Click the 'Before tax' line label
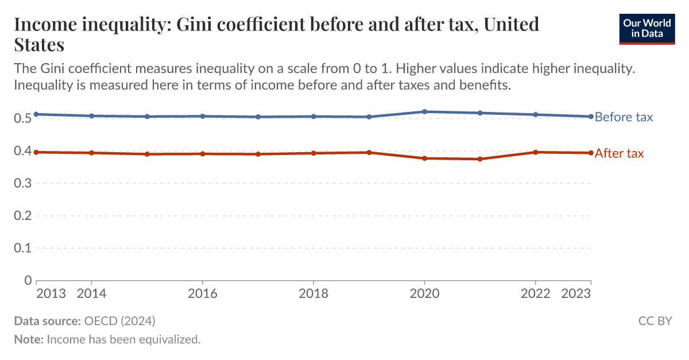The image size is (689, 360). pyautogui.click(x=624, y=117)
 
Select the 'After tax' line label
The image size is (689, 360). pyautogui.click(x=619, y=153)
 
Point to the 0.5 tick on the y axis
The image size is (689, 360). pyautogui.click(x=23, y=119)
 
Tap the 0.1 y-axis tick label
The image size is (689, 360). pyautogui.click(x=23, y=249)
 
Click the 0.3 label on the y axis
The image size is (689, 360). pyautogui.click(x=23, y=184)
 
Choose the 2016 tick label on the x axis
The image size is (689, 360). pyautogui.click(x=202, y=294)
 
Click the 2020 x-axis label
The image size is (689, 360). pyautogui.click(x=424, y=294)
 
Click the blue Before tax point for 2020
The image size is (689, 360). pyautogui.click(x=424, y=111)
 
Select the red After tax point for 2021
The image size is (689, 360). pyautogui.click(x=480, y=159)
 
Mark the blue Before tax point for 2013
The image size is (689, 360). pyautogui.click(x=36, y=114)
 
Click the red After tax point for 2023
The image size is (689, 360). pyautogui.click(x=591, y=153)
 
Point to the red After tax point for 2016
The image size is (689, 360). pyautogui.click(x=202, y=154)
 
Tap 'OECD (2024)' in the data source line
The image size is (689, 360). pyautogui.click(x=119, y=320)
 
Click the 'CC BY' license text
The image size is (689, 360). pyautogui.click(x=655, y=320)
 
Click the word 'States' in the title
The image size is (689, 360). pyautogui.click(x=38, y=44)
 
